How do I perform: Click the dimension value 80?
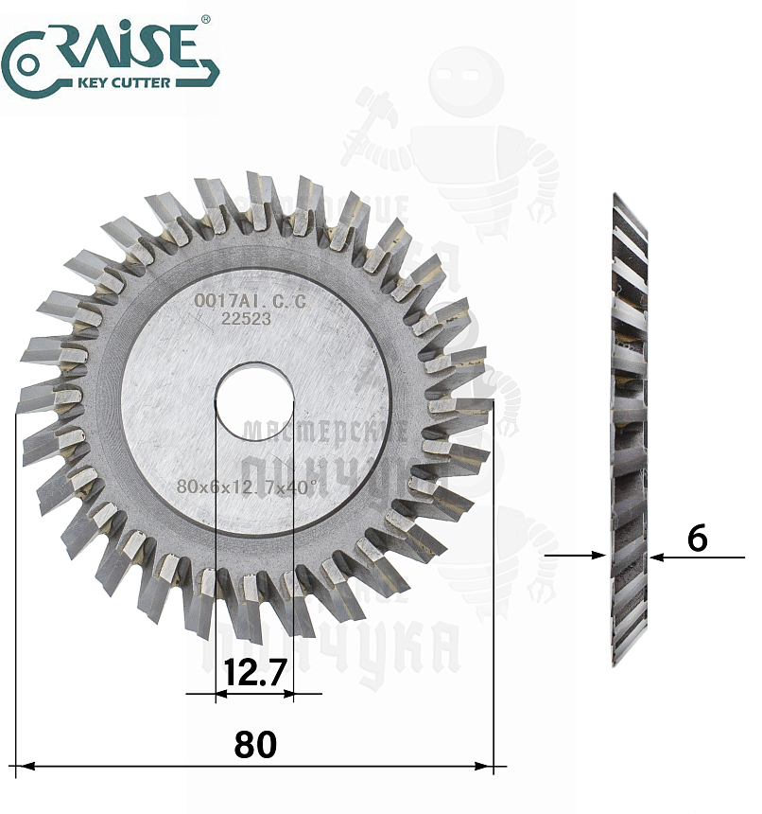[x=255, y=744]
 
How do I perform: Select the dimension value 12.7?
[x=254, y=673]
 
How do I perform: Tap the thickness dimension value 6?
[x=697, y=538]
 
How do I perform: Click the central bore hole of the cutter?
[x=254, y=401]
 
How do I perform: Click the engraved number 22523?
[x=246, y=319]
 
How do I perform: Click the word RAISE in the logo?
[x=123, y=44]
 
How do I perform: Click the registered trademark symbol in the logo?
[x=206, y=20]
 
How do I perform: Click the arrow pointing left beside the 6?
[x=658, y=558]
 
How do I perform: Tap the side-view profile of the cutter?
[x=630, y=426]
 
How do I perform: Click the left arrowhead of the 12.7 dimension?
[x=223, y=694]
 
